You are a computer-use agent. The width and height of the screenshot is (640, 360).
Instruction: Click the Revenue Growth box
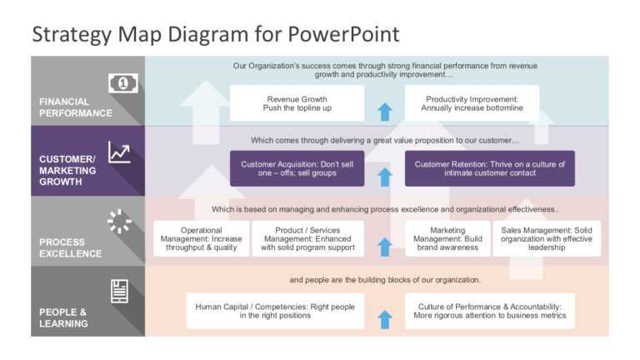pyautogui.click(x=297, y=103)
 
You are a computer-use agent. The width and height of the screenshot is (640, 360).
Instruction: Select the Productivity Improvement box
pyautogui.click(x=472, y=103)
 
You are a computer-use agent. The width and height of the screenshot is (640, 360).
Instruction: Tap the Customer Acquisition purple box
pyautogui.click(x=297, y=169)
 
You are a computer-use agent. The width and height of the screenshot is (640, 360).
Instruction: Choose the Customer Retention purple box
pyautogui.click(x=489, y=169)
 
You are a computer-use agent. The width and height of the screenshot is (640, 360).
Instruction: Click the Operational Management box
pyautogui.click(x=201, y=239)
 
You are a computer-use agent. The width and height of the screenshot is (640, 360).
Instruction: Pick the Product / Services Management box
pyautogui.click(x=307, y=239)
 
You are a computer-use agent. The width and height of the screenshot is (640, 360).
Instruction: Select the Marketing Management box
pyautogui.click(x=447, y=239)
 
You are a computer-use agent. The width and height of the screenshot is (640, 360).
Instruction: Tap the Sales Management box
pyautogui.click(x=547, y=239)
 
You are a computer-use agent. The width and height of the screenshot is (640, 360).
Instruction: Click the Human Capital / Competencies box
pyautogui.click(x=275, y=312)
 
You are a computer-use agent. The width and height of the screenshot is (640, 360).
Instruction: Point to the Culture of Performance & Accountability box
pyautogui.click(x=489, y=312)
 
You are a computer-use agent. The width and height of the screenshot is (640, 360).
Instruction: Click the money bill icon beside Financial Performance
pyautogui.click(x=122, y=82)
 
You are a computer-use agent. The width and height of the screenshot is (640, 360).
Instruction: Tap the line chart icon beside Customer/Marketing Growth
pyautogui.click(x=120, y=152)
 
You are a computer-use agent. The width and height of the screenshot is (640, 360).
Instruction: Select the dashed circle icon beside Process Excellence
pyautogui.click(x=120, y=222)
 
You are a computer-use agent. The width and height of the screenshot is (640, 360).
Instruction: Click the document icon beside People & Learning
pyautogui.click(x=120, y=291)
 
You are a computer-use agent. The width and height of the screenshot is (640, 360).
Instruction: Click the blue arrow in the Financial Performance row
pyautogui.click(x=384, y=111)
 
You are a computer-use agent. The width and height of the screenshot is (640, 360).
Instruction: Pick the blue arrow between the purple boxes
pyautogui.click(x=384, y=176)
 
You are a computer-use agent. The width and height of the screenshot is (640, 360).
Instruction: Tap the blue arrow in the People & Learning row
pyautogui.click(x=384, y=319)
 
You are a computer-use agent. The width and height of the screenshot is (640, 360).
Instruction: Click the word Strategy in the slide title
pyautogui.click(x=72, y=34)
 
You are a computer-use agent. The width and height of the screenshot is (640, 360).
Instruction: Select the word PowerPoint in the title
pyautogui.click(x=344, y=34)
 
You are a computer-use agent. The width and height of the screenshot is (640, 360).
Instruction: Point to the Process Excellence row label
pyautogui.click(x=71, y=248)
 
